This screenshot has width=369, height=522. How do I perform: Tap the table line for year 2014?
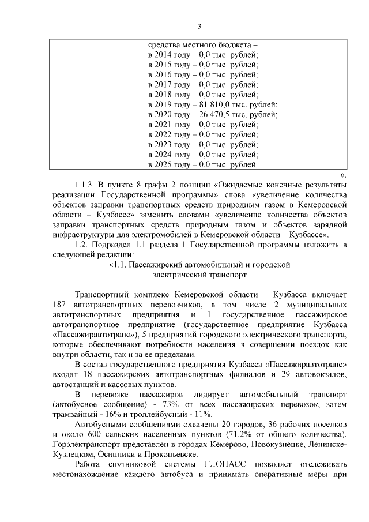pos(203,55)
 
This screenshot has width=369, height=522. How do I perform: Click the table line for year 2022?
pos(203,134)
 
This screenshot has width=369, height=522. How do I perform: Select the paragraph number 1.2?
pos(82,245)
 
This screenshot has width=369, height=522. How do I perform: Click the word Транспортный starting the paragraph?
pos(101,294)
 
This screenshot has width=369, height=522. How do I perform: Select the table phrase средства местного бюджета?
pos(198,44)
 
